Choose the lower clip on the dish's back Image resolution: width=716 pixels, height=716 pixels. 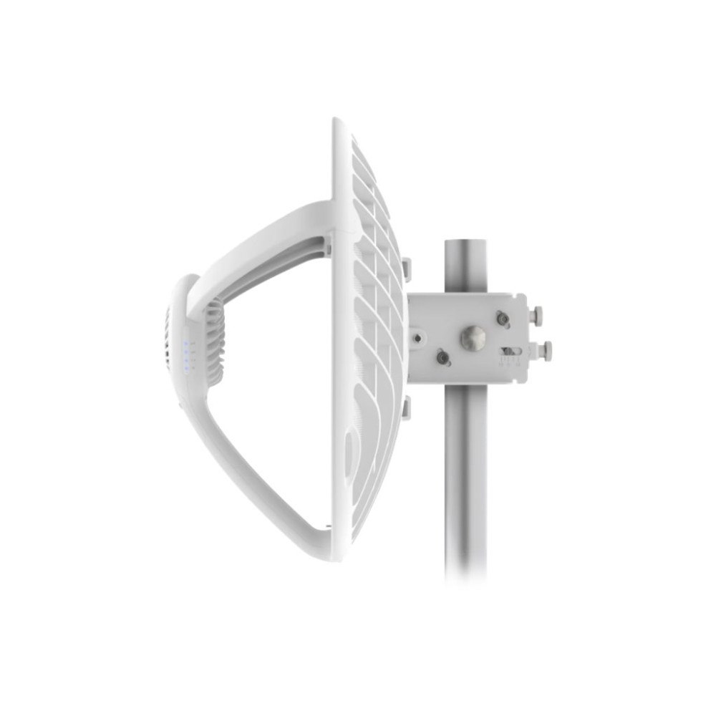pyautogui.click(x=406, y=407)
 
